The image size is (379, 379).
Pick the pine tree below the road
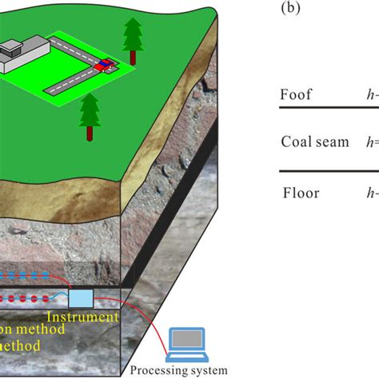point(88,108)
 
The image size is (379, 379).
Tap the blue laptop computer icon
point(189,342)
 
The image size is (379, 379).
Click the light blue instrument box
point(82,297)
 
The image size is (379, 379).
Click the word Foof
point(297,94)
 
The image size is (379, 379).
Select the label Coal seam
point(314,142)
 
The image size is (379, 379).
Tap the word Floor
point(301,192)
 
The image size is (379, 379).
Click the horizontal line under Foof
point(328,108)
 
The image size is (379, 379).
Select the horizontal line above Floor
point(328,170)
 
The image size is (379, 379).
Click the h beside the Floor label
point(370,192)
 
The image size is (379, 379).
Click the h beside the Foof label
point(370,94)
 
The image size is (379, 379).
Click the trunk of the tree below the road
point(88,123)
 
